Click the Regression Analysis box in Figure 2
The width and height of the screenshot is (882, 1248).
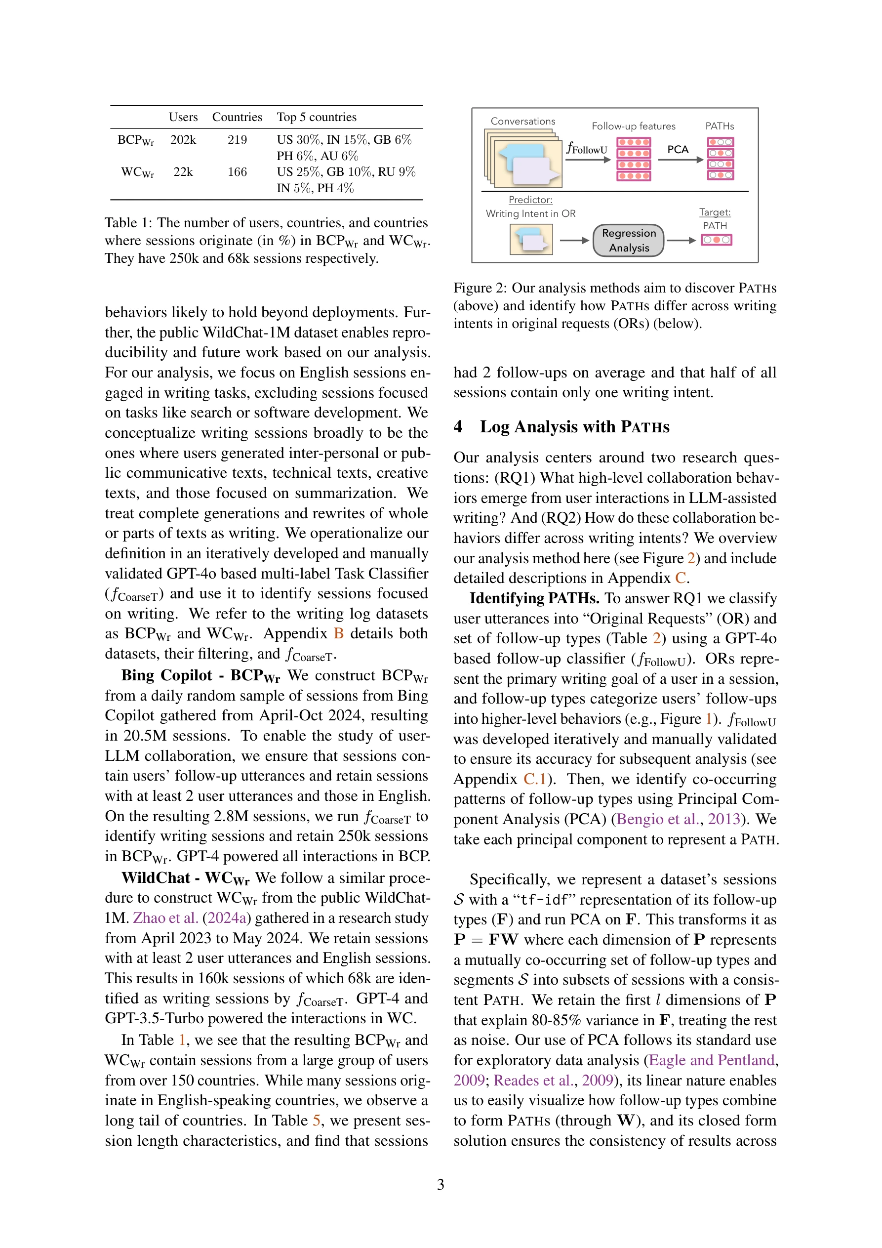click(628, 240)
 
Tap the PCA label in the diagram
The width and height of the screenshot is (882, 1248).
click(677, 150)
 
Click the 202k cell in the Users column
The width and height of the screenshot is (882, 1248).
click(183, 140)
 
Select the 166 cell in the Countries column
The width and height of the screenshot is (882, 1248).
click(237, 172)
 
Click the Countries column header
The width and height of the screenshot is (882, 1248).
click(237, 117)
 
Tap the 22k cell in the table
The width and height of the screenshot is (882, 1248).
click(183, 172)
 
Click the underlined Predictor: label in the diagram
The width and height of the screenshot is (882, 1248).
click(530, 200)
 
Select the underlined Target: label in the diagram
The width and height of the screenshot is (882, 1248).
click(715, 212)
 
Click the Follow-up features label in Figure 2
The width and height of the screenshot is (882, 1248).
click(633, 126)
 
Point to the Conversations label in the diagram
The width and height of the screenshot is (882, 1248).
click(523, 121)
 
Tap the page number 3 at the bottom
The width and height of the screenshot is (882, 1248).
click(440, 1184)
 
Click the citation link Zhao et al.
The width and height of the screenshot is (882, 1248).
click(165, 917)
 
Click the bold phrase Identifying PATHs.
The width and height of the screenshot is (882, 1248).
click(534, 598)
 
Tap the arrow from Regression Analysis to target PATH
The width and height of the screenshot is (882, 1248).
click(681, 240)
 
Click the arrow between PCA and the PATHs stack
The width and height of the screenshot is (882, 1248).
click(681, 160)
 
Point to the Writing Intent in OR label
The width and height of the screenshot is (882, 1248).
click(530, 213)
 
